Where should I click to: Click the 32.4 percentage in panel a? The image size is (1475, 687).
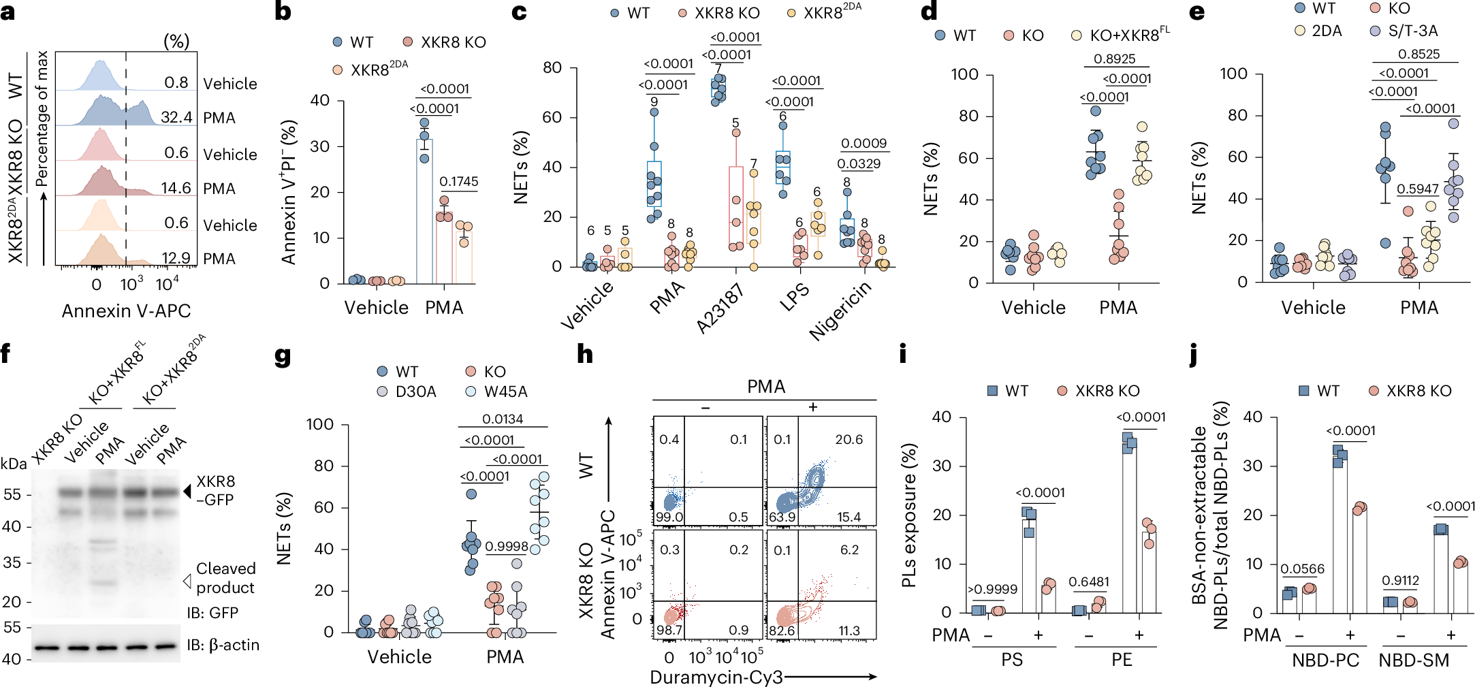click(176, 117)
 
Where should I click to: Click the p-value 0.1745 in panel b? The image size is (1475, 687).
click(458, 181)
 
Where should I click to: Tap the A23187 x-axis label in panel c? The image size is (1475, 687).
click(720, 308)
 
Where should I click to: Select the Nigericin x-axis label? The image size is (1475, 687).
click(840, 310)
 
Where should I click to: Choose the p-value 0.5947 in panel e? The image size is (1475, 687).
click(1418, 189)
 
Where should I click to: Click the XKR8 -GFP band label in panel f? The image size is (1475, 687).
click(215, 490)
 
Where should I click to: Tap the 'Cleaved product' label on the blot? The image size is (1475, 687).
click(225, 578)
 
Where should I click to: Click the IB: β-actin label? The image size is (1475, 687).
click(223, 645)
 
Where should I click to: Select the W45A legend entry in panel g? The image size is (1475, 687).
click(505, 392)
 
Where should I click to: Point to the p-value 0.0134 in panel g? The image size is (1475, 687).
click(503, 419)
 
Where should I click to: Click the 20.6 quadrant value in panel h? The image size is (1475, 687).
click(848, 440)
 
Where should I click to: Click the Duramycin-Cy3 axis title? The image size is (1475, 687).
click(716, 677)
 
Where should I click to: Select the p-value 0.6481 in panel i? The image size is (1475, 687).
click(1089, 581)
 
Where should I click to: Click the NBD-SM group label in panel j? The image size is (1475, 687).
click(1414, 660)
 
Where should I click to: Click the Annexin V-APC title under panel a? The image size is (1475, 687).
click(126, 310)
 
